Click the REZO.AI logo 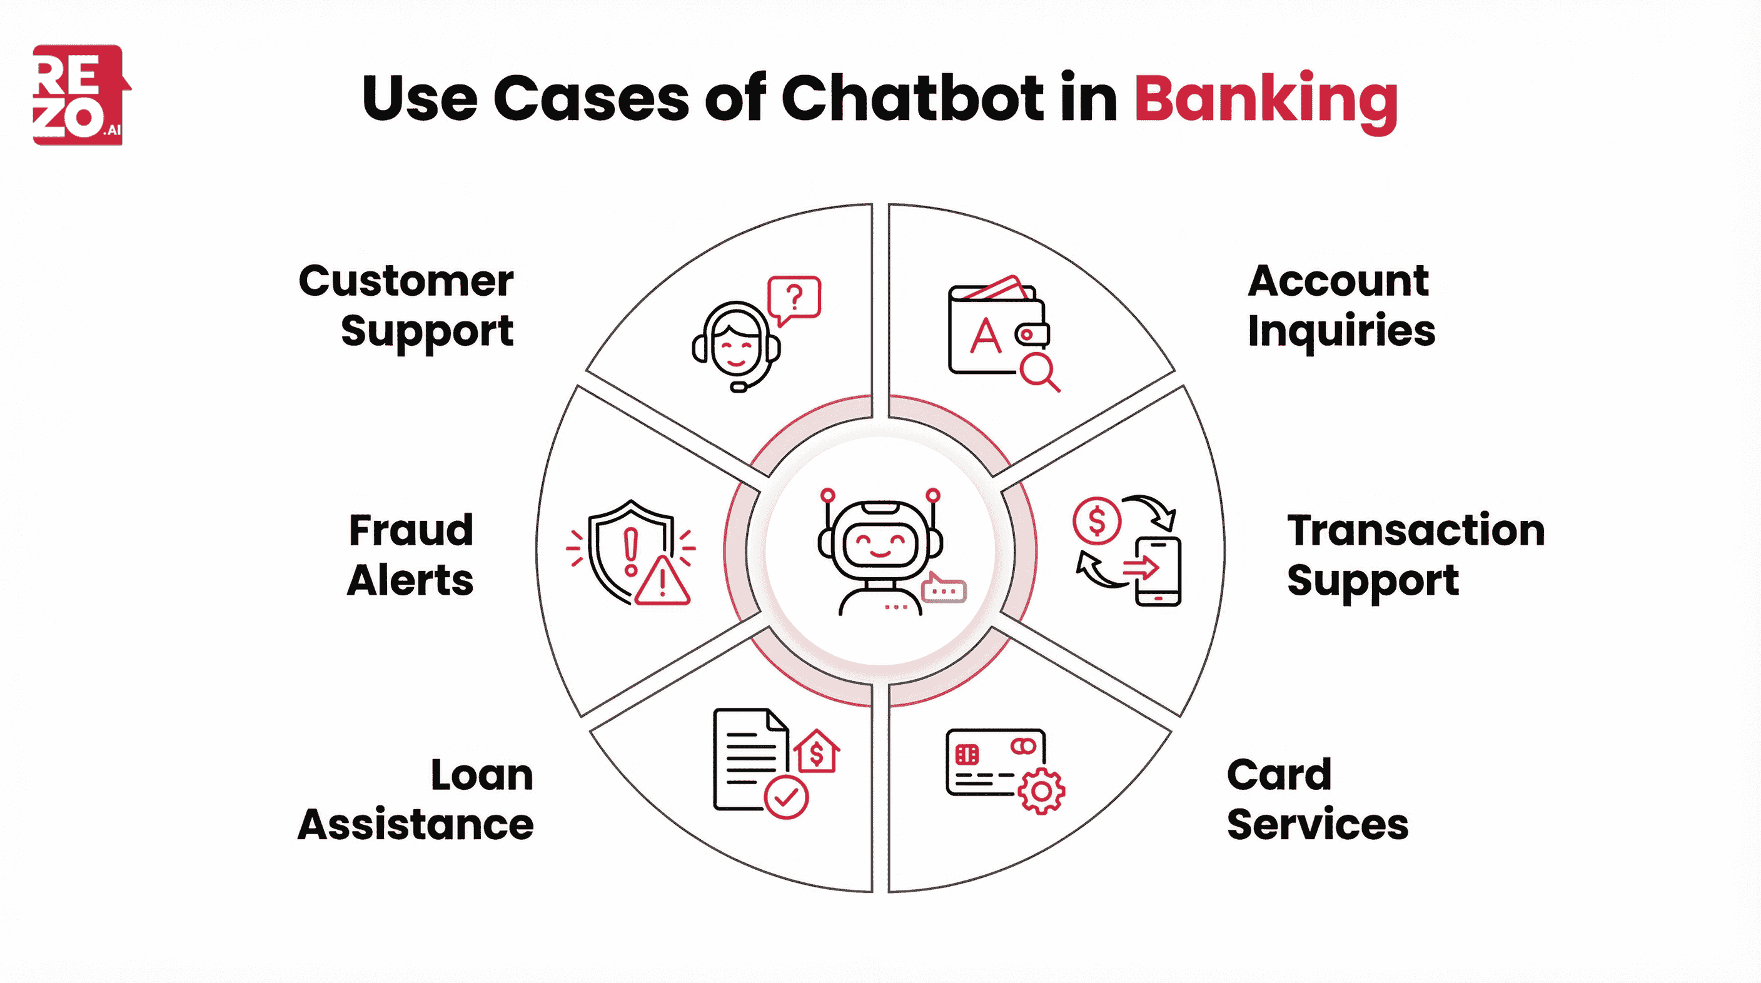point(79,95)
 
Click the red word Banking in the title point(1265,100)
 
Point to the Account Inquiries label point(1340,306)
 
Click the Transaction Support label point(1415,555)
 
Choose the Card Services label point(1316,800)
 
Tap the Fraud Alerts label point(411,555)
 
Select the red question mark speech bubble point(794,298)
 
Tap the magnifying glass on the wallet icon point(1037,371)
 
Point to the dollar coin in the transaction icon point(1096,521)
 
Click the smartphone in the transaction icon point(1158,572)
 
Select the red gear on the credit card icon point(1041,791)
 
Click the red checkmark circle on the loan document point(785,797)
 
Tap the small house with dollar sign point(816,752)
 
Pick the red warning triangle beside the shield point(662,583)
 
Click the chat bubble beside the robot point(944,588)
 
